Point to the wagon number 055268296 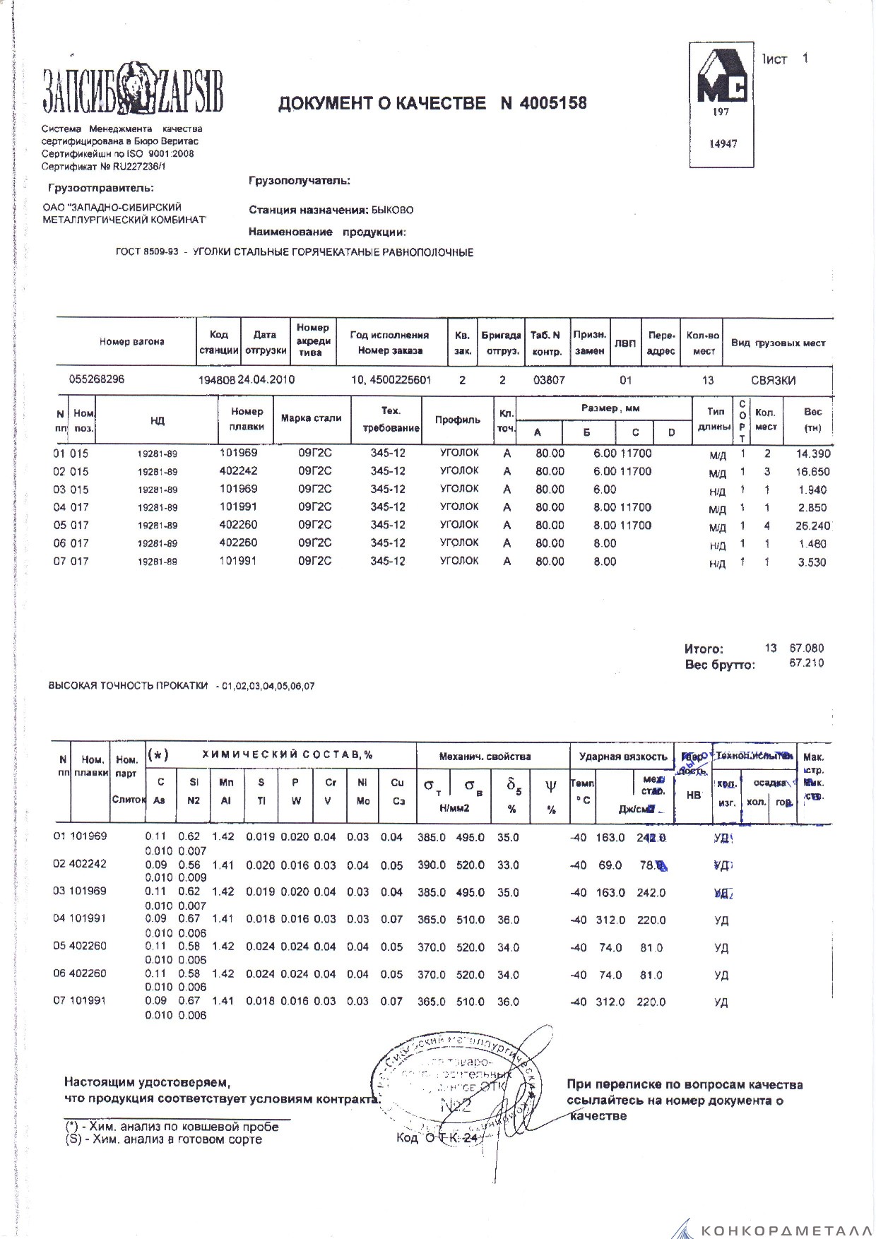[x=97, y=379]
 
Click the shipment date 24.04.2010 [x=266, y=379]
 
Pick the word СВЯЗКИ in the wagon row [x=773, y=381]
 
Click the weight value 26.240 [x=812, y=526]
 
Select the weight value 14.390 [x=812, y=453]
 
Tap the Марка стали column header [x=311, y=418]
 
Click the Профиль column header [x=457, y=420]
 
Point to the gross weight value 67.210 [x=806, y=663]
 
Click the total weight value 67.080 [x=806, y=648]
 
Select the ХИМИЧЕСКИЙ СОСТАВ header [x=287, y=755]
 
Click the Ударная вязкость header [x=622, y=757]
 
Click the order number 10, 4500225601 [x=391, y=380]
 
